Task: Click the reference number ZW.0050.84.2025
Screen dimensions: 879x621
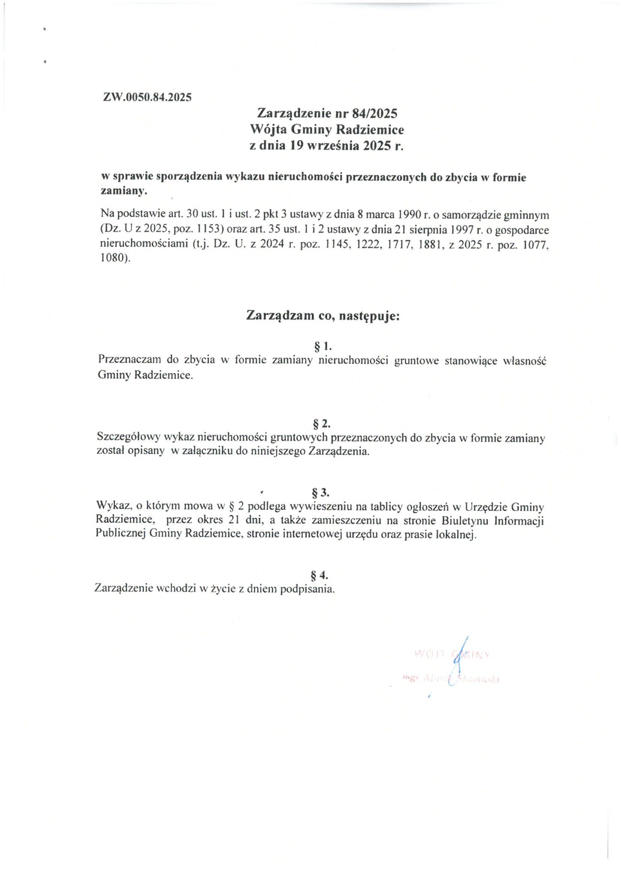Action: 147,97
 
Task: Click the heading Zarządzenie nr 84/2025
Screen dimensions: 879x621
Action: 327,113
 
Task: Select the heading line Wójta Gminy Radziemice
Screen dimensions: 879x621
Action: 327,129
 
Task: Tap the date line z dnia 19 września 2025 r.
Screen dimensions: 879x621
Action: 327,145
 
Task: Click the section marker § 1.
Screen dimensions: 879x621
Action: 324,346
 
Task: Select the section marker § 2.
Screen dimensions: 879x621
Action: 322,424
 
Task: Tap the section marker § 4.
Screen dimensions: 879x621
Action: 320,574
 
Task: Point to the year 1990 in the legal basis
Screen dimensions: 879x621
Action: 415,214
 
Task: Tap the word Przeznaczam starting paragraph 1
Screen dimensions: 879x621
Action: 127,360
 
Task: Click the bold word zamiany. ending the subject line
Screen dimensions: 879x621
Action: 124,191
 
